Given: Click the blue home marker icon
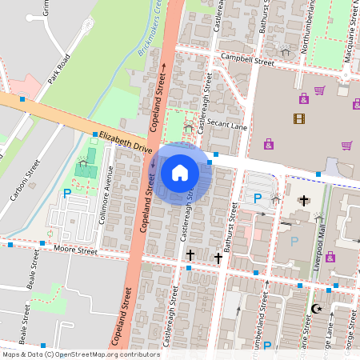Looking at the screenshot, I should (180, 172).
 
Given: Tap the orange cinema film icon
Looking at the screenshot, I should (298, 119).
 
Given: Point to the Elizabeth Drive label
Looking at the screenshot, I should (126, 142).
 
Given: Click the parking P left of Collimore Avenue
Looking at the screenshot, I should (66, 193).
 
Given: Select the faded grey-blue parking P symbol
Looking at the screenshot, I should (294, 241).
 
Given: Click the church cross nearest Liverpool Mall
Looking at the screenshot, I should (302, 200).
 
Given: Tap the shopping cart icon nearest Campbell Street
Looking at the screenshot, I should (319, 90).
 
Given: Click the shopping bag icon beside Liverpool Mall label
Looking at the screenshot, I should (330, 257).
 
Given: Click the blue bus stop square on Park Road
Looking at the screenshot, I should (22, 99).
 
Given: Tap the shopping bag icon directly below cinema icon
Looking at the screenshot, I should (268, 145).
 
